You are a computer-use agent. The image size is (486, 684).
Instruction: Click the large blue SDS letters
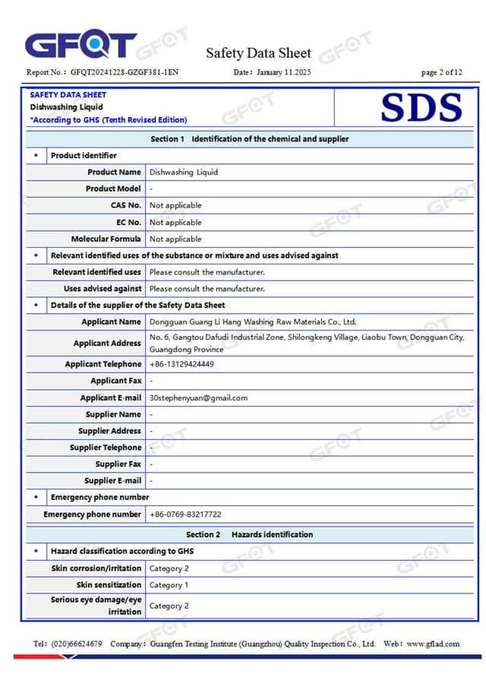[x=421, y=108]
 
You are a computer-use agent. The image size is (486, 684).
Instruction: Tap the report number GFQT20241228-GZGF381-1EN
[x=125, y=73]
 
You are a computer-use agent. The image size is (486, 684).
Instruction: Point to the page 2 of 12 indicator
[x=441, y=73]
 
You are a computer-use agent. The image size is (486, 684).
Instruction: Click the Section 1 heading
[x=249, y=139]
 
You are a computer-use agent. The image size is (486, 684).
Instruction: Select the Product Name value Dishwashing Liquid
[x=183, y=173]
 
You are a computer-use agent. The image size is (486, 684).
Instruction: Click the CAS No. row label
[x=125, y=205]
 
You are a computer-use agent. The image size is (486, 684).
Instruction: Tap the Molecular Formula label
[x=106, y=239]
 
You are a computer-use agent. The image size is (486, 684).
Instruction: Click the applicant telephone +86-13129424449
[x=181, y=364]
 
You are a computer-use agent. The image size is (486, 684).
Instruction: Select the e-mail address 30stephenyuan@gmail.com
[x=198, y=397]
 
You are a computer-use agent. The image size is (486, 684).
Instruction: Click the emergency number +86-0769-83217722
[x=185, y=515]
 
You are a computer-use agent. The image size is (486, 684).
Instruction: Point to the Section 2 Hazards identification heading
[x=249, y=535]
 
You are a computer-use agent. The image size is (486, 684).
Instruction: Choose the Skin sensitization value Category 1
[x=169, y=585]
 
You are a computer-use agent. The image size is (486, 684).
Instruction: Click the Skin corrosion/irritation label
[x=96, y=568]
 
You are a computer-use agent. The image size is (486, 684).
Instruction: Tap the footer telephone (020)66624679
[x=77, y=644]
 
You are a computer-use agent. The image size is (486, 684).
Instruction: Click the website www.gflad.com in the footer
[x=433, y=644]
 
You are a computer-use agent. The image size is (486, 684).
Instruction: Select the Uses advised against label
[x=103, y=289]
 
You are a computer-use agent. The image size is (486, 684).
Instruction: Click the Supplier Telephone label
[x=106, y=448]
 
